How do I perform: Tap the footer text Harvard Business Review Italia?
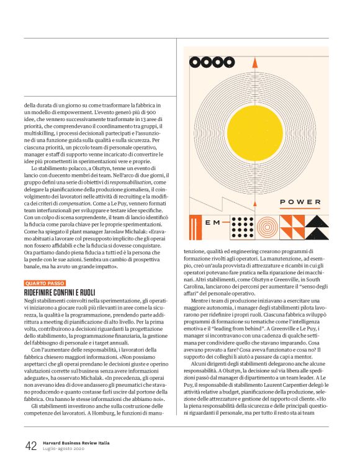73,443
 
